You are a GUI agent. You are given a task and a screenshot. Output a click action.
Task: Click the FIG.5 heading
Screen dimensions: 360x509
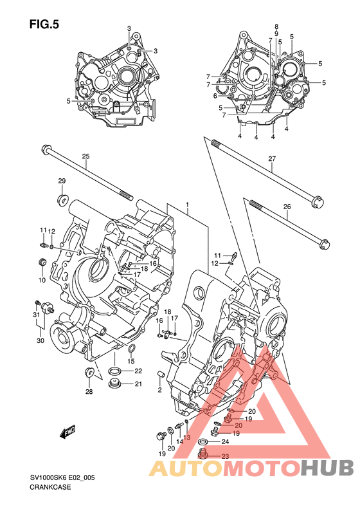(x=44, y=24)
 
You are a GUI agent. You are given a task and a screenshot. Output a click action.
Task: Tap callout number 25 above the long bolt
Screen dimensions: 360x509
(x=85, y=156)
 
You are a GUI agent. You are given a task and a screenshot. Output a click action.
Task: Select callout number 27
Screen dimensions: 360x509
(x=272, y=159)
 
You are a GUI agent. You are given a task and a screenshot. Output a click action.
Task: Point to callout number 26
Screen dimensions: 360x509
(x=287, y=207)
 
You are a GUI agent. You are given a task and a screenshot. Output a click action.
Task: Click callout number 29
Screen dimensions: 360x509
(x=62, y=181)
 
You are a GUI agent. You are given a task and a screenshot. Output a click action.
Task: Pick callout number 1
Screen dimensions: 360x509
(x=188, y=204)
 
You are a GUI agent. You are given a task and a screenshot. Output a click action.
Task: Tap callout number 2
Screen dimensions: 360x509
(x=159, y=390)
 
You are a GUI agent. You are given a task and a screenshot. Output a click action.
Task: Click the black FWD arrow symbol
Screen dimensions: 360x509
(x=68, y=432)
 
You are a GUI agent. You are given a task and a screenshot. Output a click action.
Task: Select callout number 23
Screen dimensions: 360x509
(x=225, y=456)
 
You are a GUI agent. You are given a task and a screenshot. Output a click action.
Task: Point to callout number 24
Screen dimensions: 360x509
(x=225, y=441)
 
